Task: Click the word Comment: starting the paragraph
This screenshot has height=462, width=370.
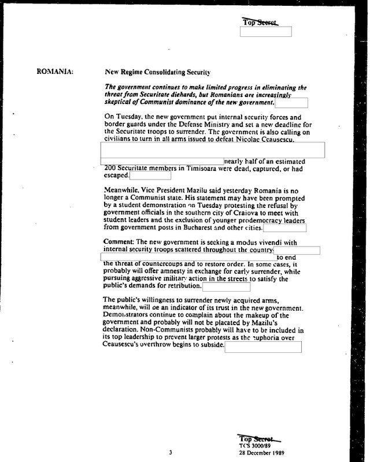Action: pyautogui.click(x=117, y=242)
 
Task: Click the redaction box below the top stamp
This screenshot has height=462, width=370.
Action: pyautogui.click(x=265, y=32)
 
